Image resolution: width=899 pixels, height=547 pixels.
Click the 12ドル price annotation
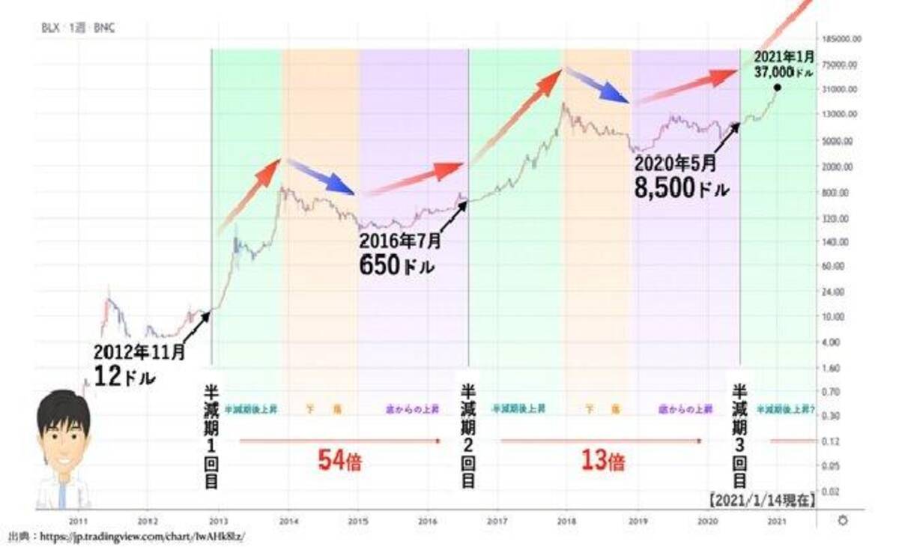pyautogui.click(x=124, y=375)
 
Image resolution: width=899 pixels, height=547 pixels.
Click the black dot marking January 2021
pyautogui.click(x=777, y=88)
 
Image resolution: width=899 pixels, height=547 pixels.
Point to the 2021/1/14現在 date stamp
pyautogui.click(x=760, y=500)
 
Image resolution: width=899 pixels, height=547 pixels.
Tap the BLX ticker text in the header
pyautogui.click(x=50, y=28)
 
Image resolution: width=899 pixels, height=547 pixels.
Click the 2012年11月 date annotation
pyautogui.click(x=139, y=350)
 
